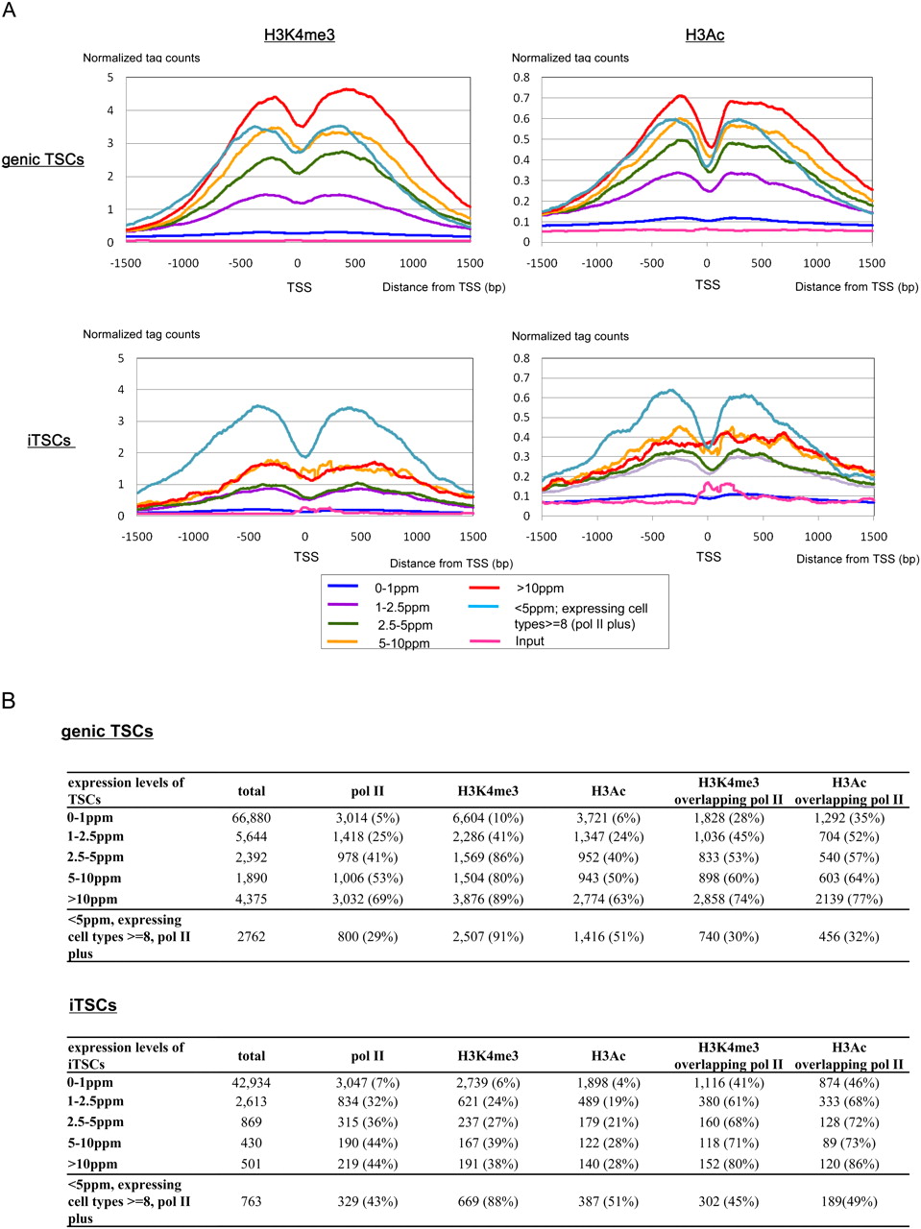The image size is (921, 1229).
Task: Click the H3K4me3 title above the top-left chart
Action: click(300, 36)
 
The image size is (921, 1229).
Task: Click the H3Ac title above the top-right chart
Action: click(705, 36)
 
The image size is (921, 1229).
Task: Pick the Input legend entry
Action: click(529, 641)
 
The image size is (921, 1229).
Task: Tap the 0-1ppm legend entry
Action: click(397, 588)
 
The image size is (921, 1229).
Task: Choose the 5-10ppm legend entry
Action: click(403, 643)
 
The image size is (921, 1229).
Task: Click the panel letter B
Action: click(9, 701)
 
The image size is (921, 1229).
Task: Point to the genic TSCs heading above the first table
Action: click(107, 732)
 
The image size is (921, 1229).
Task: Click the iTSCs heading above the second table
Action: click(93, 1005)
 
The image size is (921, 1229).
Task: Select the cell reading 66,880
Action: click(252, 818)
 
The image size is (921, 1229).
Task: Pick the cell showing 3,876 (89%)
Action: click(488, 900)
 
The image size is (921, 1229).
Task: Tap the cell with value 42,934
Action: click(252, 1082)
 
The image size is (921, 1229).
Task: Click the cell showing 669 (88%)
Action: click(488, 1201)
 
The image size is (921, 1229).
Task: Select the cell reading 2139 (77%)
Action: click(849, 900)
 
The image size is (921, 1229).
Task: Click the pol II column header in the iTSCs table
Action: click(367, 1056)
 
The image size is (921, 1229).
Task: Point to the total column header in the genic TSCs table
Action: click(252, 791)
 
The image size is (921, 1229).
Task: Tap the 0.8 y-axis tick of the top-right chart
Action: click(521, 78)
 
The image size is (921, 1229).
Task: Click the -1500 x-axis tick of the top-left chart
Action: click(126, 263)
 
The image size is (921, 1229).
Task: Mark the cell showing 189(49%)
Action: click(849, 1201)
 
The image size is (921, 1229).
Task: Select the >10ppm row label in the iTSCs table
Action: click(93, 1164)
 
